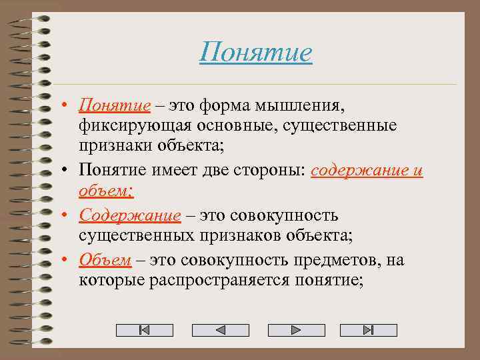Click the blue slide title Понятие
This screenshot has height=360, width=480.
[255, 52]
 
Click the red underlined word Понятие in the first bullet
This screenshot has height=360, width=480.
[114, 105]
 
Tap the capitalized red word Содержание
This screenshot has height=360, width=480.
[130, 215]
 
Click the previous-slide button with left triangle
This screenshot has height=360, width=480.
[221, 330]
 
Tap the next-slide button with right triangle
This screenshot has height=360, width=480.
[296, 330]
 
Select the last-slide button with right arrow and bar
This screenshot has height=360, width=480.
[368, 330]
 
